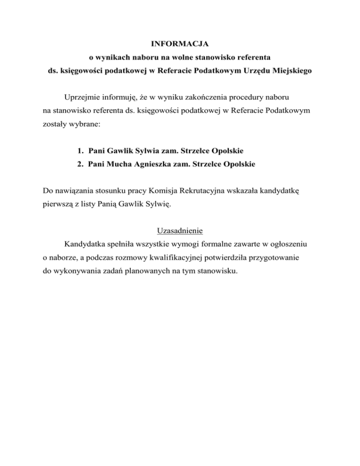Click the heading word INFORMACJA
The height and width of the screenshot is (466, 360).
tap(180, 44)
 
